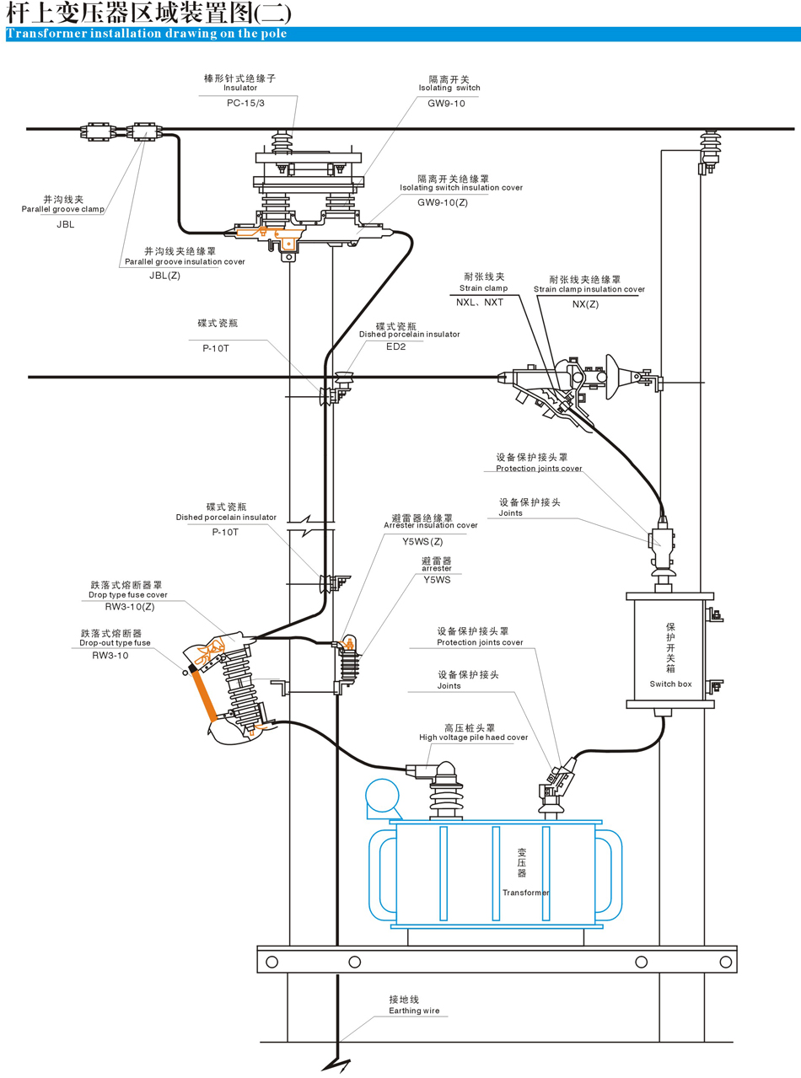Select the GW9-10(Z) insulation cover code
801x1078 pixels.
(443, 202)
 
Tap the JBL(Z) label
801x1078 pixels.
(164, 276)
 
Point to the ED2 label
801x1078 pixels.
(396, 346)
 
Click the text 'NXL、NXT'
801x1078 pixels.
(480, 301)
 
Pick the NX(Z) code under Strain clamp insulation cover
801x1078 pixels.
(585, 304)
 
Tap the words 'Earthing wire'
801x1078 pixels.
(414, 1011)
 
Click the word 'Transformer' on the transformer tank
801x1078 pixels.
(526, 893)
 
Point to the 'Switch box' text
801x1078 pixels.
(670, 684)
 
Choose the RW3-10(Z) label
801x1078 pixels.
(128, 606)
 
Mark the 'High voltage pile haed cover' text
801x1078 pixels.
(473, 737)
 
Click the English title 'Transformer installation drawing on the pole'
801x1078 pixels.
(147, 34)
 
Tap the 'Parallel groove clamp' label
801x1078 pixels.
(62, 208)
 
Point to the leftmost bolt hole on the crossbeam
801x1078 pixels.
(271, 962)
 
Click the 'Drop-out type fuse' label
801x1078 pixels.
(116, 643)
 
